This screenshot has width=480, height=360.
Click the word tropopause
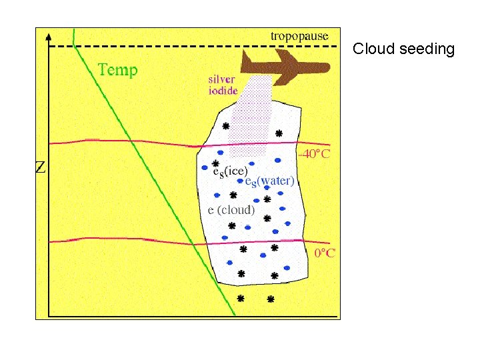299,36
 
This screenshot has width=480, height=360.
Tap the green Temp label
117,69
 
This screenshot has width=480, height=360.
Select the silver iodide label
223,85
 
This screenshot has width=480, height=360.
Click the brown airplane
287,67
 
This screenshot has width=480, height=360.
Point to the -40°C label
314,154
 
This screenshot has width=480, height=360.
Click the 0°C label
324,253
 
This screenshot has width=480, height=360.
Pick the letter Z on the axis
40,167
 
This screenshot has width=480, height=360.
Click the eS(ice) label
229,171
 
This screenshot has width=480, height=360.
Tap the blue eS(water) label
269,181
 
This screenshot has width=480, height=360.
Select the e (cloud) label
231,209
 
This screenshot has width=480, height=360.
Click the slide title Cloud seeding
403,49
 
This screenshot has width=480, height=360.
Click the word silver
221,79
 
